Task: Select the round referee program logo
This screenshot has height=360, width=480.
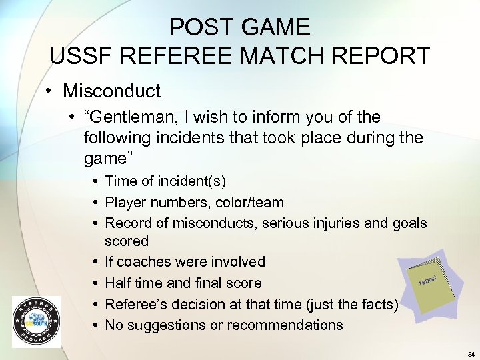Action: [36, 321]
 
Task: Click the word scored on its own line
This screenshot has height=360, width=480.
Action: [127, 241]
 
